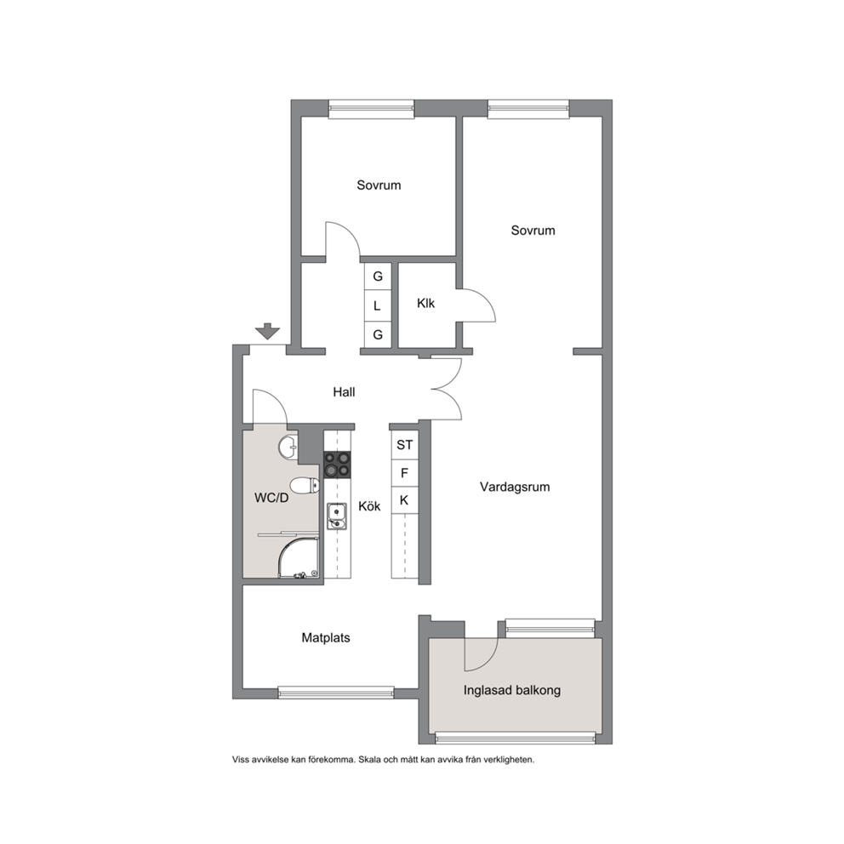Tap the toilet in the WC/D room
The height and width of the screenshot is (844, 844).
coord(305,485)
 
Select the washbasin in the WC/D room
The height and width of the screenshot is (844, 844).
coord(288,446)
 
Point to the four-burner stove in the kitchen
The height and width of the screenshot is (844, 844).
coord(337,465)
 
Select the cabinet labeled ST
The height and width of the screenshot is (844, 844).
coord(405,445)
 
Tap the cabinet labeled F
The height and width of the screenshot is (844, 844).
coord(405,473)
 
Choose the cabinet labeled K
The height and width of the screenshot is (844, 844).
coord(405,500)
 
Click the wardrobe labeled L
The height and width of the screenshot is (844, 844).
coord(378,305)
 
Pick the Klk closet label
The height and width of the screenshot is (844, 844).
coord(425,303)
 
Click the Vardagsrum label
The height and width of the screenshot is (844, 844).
coord(515,488)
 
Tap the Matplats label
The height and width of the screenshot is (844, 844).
coord(326,638)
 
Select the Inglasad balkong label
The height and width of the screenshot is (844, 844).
coord(512,690)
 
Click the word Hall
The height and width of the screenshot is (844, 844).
coord(344,392)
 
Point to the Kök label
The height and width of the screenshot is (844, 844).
coord(369,506)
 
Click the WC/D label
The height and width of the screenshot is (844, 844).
coord(271,498)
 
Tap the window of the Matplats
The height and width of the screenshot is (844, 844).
coord(336,693)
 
